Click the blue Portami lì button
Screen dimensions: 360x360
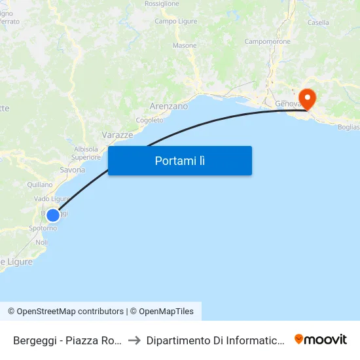pos(180,160)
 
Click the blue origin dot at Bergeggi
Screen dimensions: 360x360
pos(53,215)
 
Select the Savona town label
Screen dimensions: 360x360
pos(72,170)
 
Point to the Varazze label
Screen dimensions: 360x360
pos(117,135)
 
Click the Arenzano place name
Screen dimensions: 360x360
pos(168,106)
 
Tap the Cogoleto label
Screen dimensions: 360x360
pos(149,120)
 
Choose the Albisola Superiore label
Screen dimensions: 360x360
pos(86,153)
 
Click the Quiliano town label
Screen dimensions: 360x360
pos(40,185)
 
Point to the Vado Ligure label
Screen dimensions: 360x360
pos(52,199)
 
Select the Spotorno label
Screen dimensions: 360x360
pos(43,228)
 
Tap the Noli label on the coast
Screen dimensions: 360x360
pos(41,242)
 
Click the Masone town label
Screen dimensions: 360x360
pos(184,46)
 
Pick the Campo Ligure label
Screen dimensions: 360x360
pos(172,22)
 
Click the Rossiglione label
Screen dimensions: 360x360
pos(162,4)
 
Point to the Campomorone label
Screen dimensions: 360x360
pos(267,41)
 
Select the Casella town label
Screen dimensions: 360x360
pos(318,22)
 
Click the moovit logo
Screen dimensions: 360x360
pos(321,340)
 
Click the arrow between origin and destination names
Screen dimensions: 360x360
pos(134,340)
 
